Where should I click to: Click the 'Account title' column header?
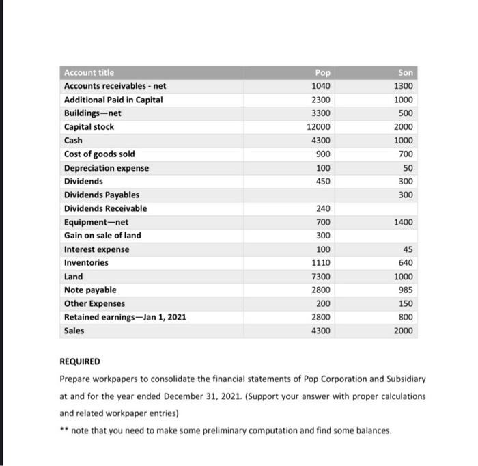[x=89, y=73]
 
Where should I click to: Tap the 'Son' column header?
[x=406, y=73]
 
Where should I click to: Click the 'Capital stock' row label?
[x=89, y=127]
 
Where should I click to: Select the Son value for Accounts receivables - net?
[x=403, y=86]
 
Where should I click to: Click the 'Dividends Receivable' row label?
[x=105, y=208]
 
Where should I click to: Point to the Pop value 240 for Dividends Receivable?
[x=323, y=208]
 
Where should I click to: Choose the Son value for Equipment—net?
[x=403, y=222]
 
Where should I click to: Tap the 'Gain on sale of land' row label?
[x=102, y=236]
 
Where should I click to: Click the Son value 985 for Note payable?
[x=405, y=290]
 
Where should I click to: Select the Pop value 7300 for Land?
[x=321, y=277]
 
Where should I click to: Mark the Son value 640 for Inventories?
[x=405, y=262]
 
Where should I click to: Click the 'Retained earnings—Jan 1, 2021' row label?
[x=124, y=317]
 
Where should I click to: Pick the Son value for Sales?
[x=403, y=331]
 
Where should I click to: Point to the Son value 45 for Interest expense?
[x=408, y=249]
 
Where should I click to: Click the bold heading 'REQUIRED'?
[x=80, y=361]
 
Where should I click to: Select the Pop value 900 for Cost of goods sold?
[x=323, y=154]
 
